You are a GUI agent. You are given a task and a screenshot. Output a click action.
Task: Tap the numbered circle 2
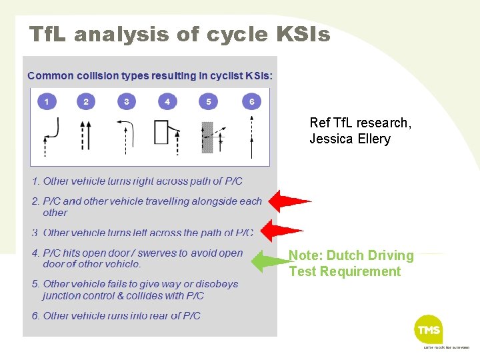[x=85, y=101]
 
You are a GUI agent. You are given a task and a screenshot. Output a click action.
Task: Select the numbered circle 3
[x=127, y=101]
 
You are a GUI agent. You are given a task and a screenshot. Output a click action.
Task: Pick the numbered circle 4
[x=167, y=101]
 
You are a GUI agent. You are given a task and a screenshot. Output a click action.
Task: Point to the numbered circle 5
[x=209, y=101]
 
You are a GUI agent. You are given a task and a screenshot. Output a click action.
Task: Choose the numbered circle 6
[x=251, y=101]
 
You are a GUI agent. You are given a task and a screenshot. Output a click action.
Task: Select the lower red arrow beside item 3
[x=283, y=230]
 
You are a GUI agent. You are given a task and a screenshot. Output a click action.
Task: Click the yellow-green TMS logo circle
[x=429, y=329]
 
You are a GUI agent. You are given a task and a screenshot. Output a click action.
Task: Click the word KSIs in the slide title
[x=299, y=34]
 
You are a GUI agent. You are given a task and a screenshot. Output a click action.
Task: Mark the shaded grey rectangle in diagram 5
[x=207, y=138]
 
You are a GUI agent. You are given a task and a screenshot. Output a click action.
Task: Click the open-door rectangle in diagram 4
[x=161, y=132]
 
